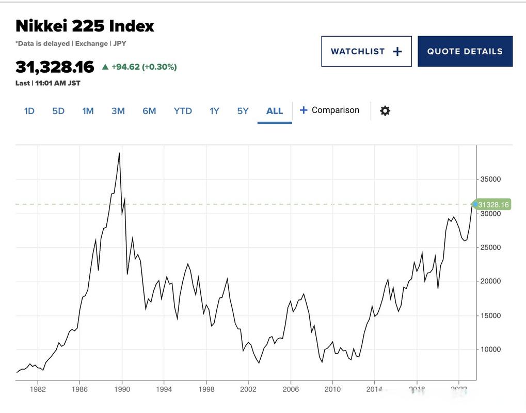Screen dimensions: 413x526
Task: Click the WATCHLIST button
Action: click(x=366, y=51)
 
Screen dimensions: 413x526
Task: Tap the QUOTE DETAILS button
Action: click(x=465, y=51)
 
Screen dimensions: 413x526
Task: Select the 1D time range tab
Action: click(x=29, y=111)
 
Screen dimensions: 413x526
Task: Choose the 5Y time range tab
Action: click(x=243, y=111)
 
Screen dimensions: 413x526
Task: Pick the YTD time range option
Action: click(x=183, y=111)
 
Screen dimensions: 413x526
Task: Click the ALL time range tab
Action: click(x=275, y=111)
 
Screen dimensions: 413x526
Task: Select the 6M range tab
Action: click(x=149, y=111)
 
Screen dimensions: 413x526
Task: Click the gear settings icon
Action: click(x=385, y=110)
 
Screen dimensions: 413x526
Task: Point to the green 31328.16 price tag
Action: click(x=492, y=205)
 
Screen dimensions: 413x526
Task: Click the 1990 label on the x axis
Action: click(x=122, y=388)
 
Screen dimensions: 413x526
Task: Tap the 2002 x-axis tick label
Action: click(x=248, y=388)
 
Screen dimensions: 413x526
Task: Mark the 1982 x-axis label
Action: click(x=37, y=388)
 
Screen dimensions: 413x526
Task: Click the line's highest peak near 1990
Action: click(x=119, y=153)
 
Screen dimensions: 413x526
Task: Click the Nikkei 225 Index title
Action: click(x=85, y=26)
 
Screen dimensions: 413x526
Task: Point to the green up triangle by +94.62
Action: click(x=105, y=67)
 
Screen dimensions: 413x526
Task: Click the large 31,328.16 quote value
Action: click(x=55, y=67)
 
